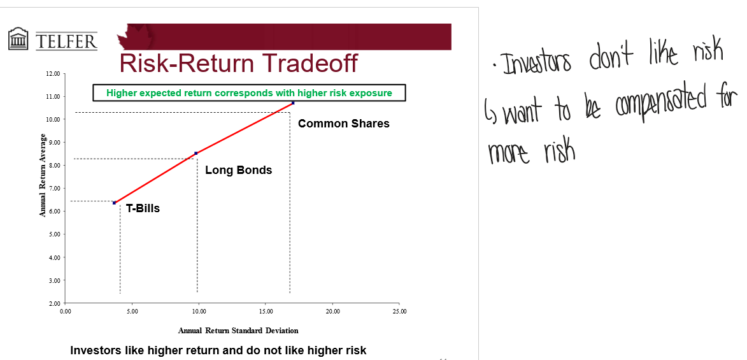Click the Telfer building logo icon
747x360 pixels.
[19, 39]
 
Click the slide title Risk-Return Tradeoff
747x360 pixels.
[238, 64]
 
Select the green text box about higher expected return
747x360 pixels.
[249, 93]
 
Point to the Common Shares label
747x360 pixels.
[343, 124]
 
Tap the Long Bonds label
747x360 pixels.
[238, 170]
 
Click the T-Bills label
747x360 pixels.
[143, 208]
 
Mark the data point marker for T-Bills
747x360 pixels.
[115, 203]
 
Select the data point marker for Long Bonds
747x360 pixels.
[196, 153]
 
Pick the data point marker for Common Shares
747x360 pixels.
[293, 103]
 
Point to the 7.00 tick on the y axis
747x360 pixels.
[53, 189]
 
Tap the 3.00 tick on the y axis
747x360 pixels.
[53, 280]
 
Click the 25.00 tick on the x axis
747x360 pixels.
[399, 312]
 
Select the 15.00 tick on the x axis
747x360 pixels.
[266, 312]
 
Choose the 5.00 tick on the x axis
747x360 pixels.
[132, 312]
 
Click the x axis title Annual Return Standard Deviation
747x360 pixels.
[238, 331]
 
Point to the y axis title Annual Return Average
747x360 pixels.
[43, 175]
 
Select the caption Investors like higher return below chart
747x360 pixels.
[218, 350]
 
